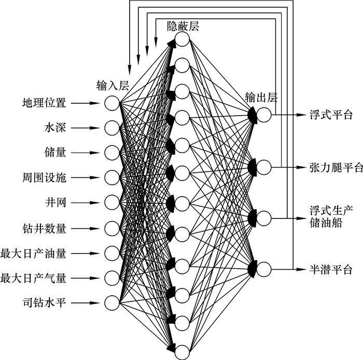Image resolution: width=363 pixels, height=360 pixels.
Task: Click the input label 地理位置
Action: pyautogui.click(x=44, y=103)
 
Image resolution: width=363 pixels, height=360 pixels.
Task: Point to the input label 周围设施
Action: pyautogui.click(x=44, y=177)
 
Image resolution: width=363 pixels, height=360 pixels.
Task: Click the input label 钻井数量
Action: pyautogui.click(x=44, y=227)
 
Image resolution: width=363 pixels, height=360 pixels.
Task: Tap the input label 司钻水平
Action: pyautogui.click(x=44, y=302)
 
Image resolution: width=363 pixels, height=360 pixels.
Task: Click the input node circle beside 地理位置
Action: pyautogui.click(x=112, y=103)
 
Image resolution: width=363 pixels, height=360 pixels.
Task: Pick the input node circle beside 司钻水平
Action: pyautogui.click(x=112, y=302)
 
